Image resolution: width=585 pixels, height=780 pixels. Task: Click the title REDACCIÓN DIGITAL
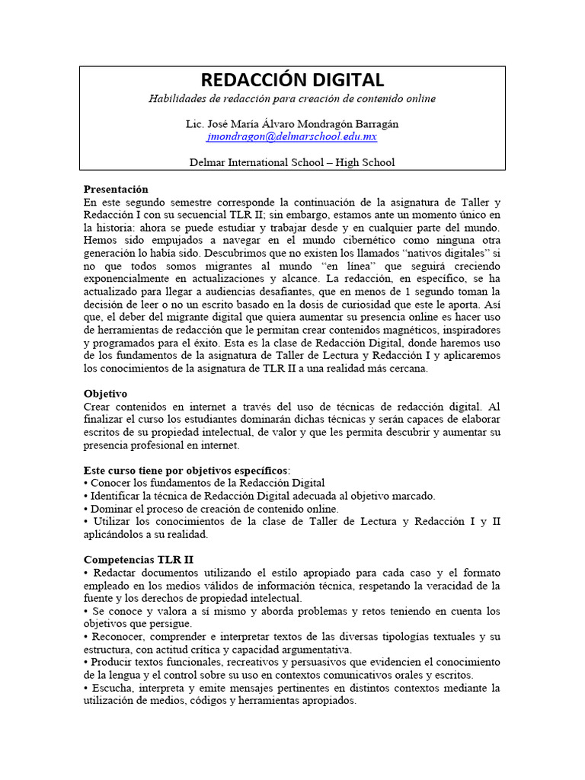click(292, 80)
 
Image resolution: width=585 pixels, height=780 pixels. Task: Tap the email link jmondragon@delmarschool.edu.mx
click(292, 137)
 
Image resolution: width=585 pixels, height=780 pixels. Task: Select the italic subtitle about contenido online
click(292, 99)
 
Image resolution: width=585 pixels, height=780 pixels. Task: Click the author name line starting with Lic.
click(292, 123)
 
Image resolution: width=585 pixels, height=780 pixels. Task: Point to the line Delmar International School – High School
click(292, 161)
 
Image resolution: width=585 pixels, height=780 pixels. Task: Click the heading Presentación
click(116, 189)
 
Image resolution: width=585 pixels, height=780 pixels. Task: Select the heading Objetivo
click(105, 394)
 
